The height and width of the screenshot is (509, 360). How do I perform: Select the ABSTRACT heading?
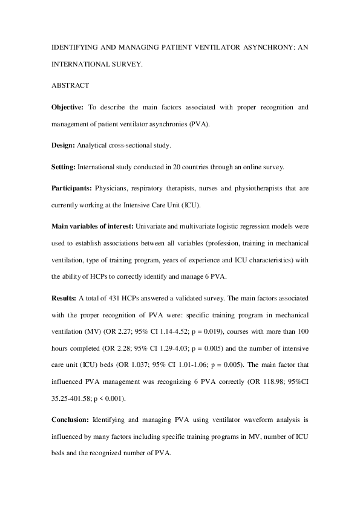[70, 85]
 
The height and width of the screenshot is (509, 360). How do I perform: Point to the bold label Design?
[63, 146]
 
